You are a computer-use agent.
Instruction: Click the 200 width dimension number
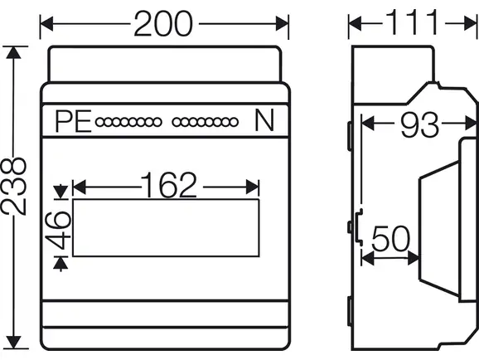(163, 24)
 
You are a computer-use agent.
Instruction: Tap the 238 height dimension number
(13, 186)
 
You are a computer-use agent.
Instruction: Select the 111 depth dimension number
(412, 22)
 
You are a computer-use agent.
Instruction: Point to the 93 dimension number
(419, 124)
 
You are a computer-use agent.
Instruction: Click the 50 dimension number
(390, 238)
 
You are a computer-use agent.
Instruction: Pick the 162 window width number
(168, 185)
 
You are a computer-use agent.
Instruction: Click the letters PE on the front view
(73, 121)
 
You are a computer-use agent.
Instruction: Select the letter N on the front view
(264, 120)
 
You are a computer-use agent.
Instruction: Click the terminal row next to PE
(128, 122)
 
